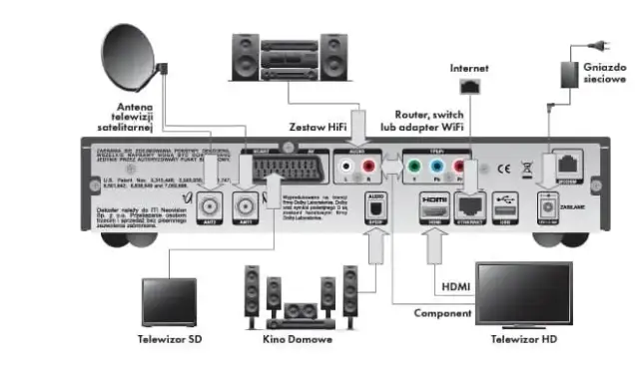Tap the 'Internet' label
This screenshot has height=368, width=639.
point(468,68)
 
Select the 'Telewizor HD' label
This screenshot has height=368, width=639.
point(524,340)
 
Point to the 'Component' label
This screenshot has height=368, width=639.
point(443,313)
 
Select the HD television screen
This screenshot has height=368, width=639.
point(524,291)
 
